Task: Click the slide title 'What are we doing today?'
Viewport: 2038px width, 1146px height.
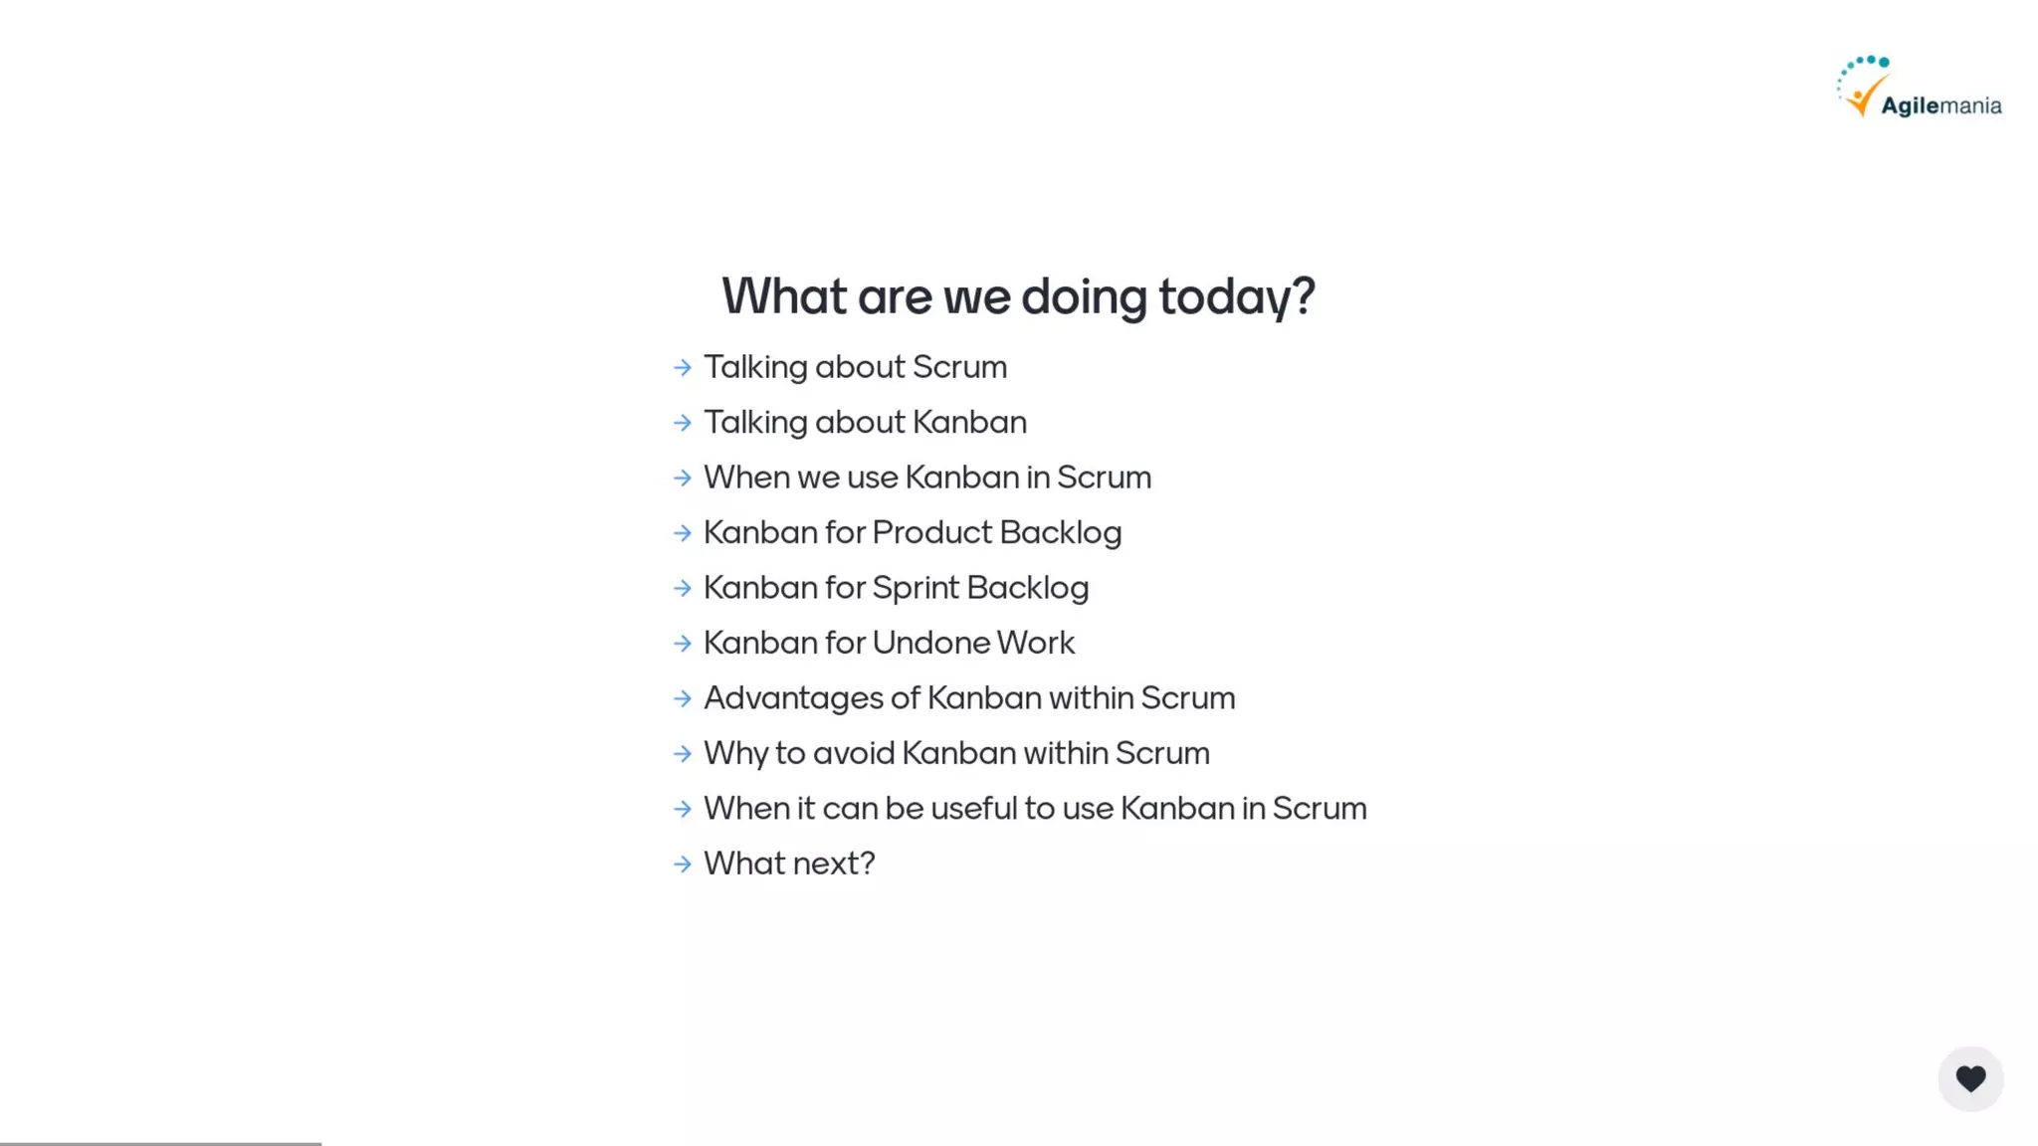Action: [x=1018, y=296]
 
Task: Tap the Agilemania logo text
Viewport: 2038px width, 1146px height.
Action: [x=1940, y=105]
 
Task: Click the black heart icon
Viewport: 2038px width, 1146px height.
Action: [x=1970, y=1078]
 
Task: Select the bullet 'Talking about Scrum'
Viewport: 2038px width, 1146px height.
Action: [x=855, y=367]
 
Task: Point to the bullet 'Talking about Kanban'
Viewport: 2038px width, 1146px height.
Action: [x=865, y=423]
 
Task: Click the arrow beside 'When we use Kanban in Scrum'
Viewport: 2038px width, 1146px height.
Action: [x=683, y=478]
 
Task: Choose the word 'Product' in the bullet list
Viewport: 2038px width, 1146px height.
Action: [x=931, y=533]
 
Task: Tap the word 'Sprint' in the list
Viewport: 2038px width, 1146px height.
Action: [x=915, y=588]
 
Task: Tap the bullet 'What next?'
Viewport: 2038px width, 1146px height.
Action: [x=789, y=863]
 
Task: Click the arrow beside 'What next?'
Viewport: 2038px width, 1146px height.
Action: [x=683, y=864]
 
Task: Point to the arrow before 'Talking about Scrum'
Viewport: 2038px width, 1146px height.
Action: [x=683, y=368]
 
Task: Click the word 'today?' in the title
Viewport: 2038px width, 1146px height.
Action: [x=1236, y=296]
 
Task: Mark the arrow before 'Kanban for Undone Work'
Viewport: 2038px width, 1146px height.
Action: [x=683, y=644]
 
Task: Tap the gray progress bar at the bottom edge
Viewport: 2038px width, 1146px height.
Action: [x=160, y=1143]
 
